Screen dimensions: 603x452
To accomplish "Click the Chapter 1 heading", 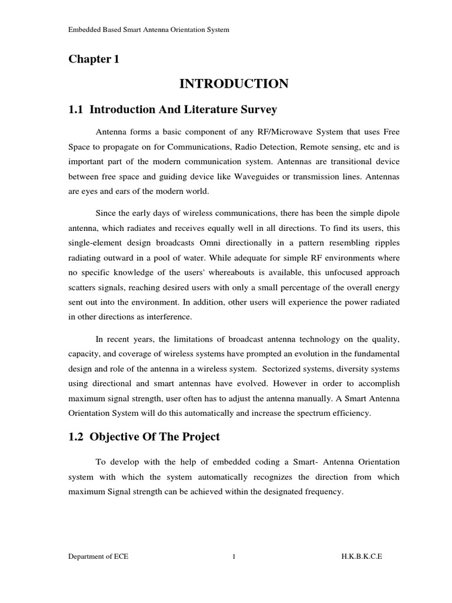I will (x=94, y=59).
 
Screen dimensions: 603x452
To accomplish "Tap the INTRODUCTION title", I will (x=234, y=84).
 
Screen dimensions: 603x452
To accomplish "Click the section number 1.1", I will (x=77, y=110).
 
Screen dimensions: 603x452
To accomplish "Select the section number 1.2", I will (x=77, y=436).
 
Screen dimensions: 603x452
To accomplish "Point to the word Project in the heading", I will (x=199, y=436).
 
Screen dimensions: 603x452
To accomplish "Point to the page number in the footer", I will (x=234, y=574).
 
